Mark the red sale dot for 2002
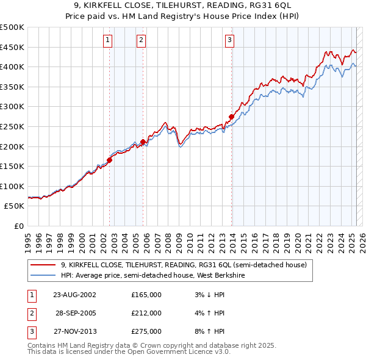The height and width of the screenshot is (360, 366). click(x=110, y=160)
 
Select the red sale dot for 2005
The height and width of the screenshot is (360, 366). click(x=143, y=142)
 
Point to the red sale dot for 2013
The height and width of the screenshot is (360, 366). click(x=231, y=117)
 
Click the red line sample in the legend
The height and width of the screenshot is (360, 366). click(x=43, y=265)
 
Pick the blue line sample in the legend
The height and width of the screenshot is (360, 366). click(x=43, y=275)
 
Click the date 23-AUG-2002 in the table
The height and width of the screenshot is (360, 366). click(x=75, y=295)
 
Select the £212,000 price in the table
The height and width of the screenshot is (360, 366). click(x=146, y=313)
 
